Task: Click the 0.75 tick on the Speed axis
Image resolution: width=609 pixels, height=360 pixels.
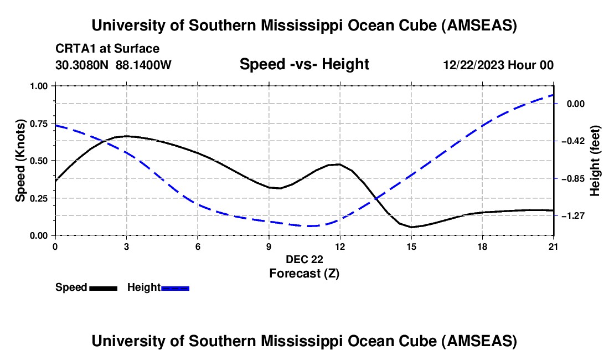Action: [40, 123]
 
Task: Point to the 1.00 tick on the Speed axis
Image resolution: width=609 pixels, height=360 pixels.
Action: [40, 86]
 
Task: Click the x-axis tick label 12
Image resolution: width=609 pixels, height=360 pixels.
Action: [339, 246]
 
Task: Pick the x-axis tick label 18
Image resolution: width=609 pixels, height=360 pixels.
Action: [482, 246]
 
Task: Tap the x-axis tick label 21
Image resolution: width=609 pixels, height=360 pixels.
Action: [554, 246]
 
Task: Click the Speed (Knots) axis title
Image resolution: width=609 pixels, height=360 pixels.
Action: [20, 161]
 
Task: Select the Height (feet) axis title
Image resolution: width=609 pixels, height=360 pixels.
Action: [595, 161]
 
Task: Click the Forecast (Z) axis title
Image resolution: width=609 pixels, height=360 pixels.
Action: [304, 273]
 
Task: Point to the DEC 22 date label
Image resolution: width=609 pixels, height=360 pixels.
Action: [304, 259]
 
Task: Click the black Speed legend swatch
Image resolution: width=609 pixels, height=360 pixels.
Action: [103, 288]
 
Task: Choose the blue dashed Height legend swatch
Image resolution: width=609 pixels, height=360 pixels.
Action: [176, 288]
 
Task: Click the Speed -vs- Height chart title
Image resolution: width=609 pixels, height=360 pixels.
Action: [304, 64]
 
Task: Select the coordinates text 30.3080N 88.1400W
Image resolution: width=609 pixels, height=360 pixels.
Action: [113, 65]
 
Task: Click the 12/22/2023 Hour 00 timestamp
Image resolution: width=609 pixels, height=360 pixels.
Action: [498, 65]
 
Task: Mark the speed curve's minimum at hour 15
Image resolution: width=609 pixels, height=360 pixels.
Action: [411, 227]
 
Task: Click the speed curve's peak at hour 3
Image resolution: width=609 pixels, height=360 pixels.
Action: [127, 136]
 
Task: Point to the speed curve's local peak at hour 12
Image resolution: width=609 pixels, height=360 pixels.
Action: [339, 164]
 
